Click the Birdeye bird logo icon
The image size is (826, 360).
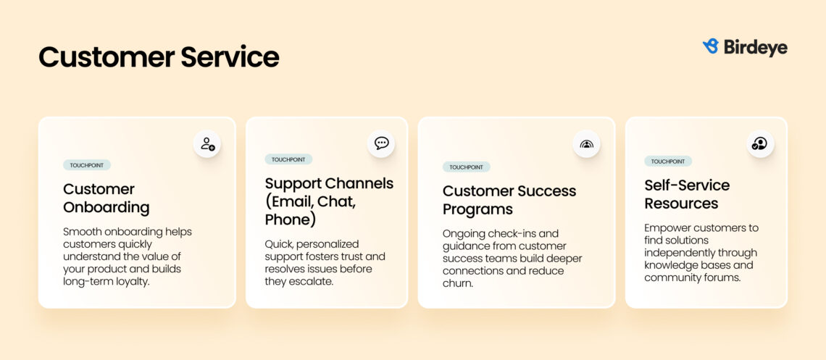tap(710, 46)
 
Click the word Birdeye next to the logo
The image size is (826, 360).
tap(754, 47)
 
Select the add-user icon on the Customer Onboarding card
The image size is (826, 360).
tap(207, 143)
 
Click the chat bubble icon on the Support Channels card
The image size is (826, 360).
tap(381, 143)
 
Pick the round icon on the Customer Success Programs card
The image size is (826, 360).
tap(586, 143)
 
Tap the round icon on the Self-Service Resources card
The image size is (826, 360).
tap(759, 143)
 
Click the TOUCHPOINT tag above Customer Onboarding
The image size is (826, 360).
tap(87, 165)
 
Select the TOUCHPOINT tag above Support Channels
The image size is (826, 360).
tap(288, 159)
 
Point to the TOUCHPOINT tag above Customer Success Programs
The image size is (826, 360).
tap(466, 167)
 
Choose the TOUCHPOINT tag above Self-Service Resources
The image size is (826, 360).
tap(668, 162)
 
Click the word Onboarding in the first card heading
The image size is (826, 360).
tap(106, 208)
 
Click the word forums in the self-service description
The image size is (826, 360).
tap(721, 277)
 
